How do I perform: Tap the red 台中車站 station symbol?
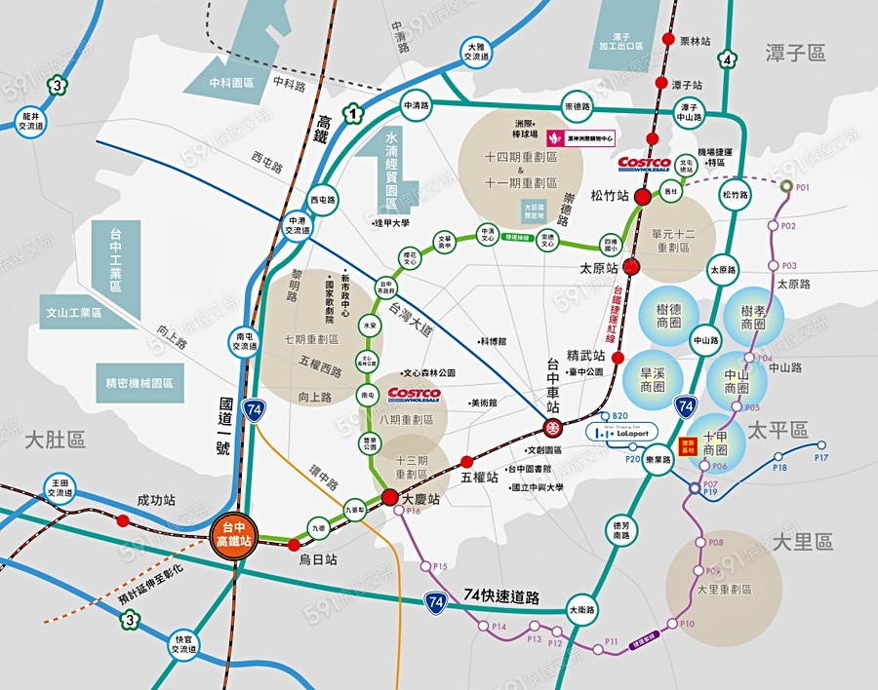click(552, 427)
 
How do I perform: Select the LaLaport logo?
click(621, 431)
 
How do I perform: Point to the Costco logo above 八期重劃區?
click(415, 395)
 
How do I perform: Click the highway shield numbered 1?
click(349, 113)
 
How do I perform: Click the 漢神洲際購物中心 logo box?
click(580, 138)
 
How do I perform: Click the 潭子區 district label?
click(798, 53)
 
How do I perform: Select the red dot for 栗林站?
click(667, 39)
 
